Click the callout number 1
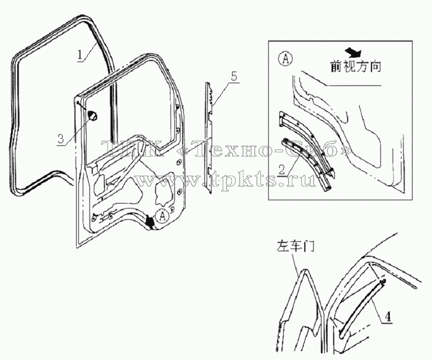point(80,55)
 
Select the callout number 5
point(234,77)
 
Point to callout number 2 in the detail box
point(282,170)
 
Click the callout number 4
point(388,317)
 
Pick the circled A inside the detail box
point(285,59)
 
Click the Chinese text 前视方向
point(356,67)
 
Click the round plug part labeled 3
point(93,115)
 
